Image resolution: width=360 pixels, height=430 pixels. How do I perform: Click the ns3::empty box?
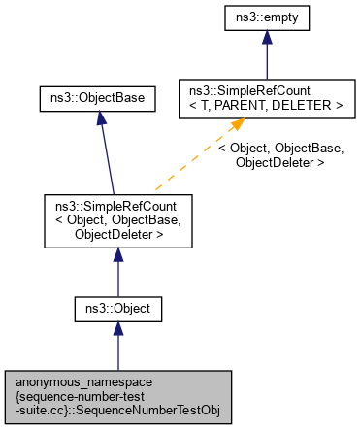coord(261,18)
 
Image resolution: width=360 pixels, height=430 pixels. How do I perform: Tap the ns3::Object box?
coord(117,310)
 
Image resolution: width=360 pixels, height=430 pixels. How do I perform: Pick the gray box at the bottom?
coord(117,396)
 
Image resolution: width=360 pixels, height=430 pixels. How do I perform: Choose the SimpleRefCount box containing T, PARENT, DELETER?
coord(261,97)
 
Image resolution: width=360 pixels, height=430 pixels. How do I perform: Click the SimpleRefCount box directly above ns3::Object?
coord(117,218)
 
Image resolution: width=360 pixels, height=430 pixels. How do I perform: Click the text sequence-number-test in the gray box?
coord(118,396)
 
